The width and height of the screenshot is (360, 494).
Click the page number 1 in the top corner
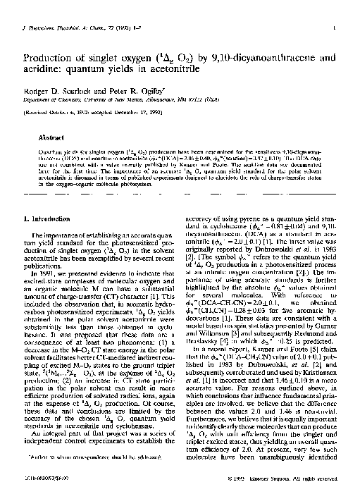[x=341, y=29]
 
